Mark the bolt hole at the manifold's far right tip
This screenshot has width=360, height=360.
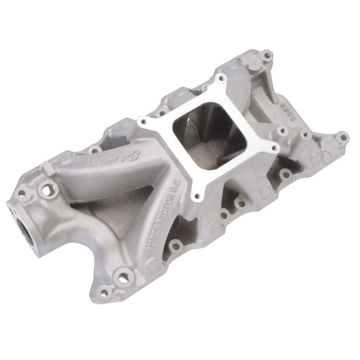[341, 137]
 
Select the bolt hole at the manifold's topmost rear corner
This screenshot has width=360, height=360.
[265, 55]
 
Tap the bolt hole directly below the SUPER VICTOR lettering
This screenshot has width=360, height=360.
[175, 245]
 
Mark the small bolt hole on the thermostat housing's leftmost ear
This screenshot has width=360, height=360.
[22, 193]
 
